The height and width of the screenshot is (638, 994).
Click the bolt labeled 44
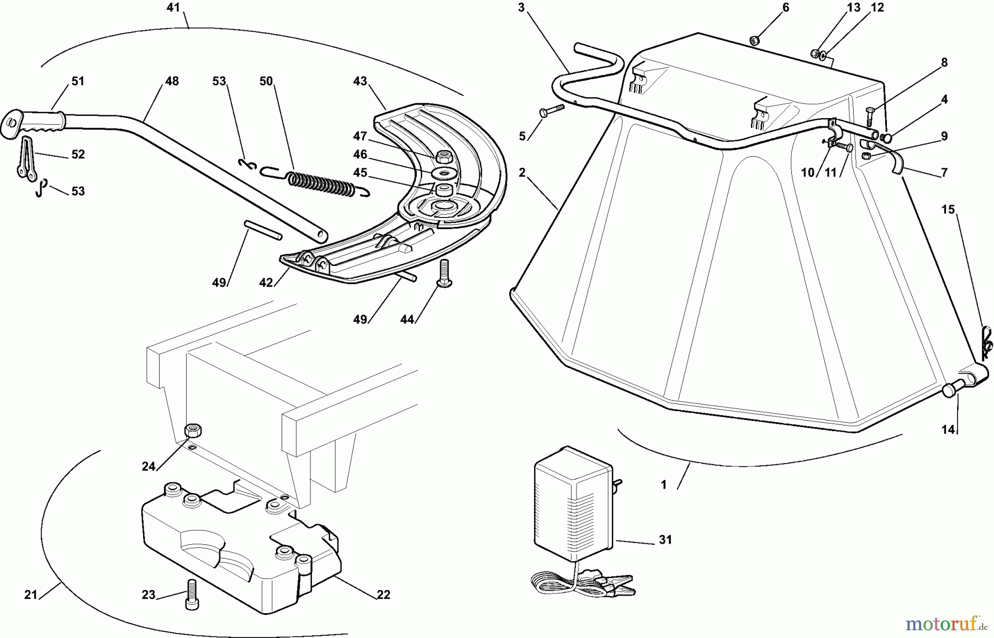[x=443, y=274]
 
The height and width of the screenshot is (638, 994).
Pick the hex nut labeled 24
[x=193, y=429]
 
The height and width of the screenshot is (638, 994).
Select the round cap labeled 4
[x=885, y=137]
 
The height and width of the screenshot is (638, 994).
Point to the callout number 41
[x=173, y=8]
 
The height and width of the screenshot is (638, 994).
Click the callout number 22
[x=383, y=594]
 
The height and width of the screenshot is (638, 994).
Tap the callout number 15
[x=948, y=210]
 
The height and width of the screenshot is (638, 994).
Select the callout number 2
[x=522, y=172]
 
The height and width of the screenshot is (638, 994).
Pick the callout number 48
[x=172, y=81]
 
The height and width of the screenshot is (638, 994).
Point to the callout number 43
[x=360, y=81]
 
